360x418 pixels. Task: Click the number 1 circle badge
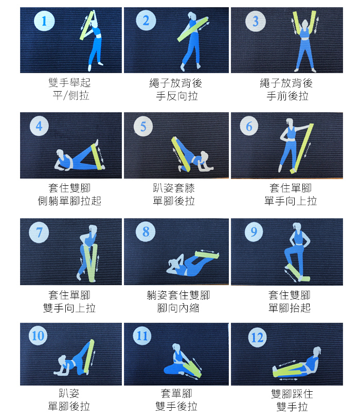(44, 21)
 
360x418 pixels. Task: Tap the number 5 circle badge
(143, 126)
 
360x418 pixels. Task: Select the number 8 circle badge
(146, 232)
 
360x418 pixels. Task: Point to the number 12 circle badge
(257, 338)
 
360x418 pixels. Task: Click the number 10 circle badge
(38, 336)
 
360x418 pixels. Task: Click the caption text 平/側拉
(71, 95)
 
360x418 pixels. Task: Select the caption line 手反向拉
(177, 96)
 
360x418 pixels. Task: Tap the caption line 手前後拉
(287, 96)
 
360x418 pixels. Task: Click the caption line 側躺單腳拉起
(69, 201)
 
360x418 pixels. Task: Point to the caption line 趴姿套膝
(174, 188)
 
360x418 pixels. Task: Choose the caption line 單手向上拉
(291, 201)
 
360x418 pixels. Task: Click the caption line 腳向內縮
(178, 308)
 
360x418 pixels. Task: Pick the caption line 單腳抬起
(290, 308)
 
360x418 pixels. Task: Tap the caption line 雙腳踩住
(292, 394)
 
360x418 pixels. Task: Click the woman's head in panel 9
(297, 227)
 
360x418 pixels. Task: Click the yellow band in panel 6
(302, 148)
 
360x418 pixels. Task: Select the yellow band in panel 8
(207, 255)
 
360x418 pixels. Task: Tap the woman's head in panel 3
(304, 24)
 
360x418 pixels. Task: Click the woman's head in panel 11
(176, 347)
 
